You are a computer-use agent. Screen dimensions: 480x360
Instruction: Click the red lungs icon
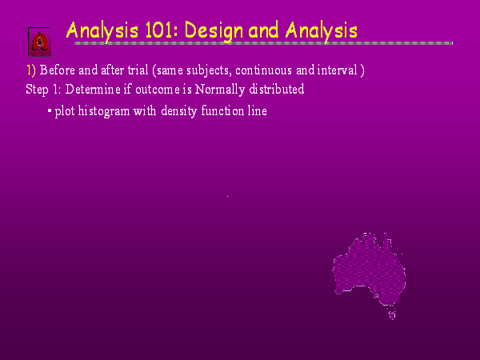(x=39, y=42)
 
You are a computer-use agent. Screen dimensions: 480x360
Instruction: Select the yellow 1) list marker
(x=30, y=70)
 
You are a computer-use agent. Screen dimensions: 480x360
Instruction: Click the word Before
(x=58, y=70)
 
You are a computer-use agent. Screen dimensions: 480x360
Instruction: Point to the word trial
(x=138, y=70)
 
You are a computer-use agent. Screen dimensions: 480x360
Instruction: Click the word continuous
(x=263, y=70)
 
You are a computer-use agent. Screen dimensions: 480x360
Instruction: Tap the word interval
(x=337, y=70)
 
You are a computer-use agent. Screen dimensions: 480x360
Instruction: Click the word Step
(x=37, y=90)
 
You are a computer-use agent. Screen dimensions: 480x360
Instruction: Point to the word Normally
(x=220, y=90)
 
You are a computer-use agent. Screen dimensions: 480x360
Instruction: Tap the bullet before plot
(x=50, y=110)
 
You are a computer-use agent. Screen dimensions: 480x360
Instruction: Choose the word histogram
(x=104, y=111)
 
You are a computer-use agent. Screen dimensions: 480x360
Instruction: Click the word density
(x=178, y=111)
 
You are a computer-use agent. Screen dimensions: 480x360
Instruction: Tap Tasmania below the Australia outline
(x=392, y=314)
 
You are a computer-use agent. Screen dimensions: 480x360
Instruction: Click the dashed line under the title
(x=263, y=43)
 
